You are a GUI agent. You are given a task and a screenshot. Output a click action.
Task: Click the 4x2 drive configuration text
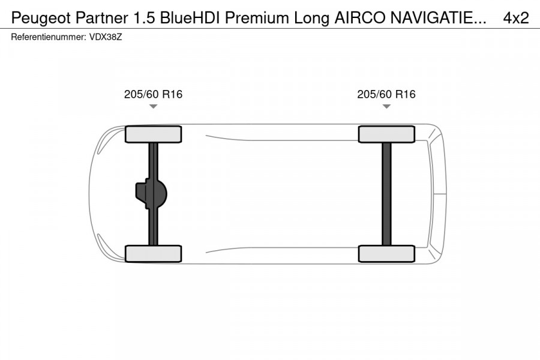[x=516, y=18]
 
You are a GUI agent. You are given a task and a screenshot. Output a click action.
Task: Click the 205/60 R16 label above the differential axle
[x=153, y=94]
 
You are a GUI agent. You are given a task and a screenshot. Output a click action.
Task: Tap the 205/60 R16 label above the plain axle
[x=386, y=94]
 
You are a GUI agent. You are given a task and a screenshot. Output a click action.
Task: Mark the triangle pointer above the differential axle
[x=153, y=107]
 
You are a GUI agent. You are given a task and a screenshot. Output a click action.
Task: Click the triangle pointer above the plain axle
[x=386, y=107]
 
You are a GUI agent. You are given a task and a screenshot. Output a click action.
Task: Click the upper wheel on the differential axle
[x=153, y=134]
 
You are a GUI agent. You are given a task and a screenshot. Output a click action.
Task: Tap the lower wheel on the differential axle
[x=153, y=253]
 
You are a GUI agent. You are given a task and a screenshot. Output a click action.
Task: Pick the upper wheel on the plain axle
[x=386, y=134]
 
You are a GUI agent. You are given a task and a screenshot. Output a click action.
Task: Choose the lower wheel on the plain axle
[x=386, y=253]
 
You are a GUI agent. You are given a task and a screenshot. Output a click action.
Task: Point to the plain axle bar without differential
[x=386, y=194]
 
